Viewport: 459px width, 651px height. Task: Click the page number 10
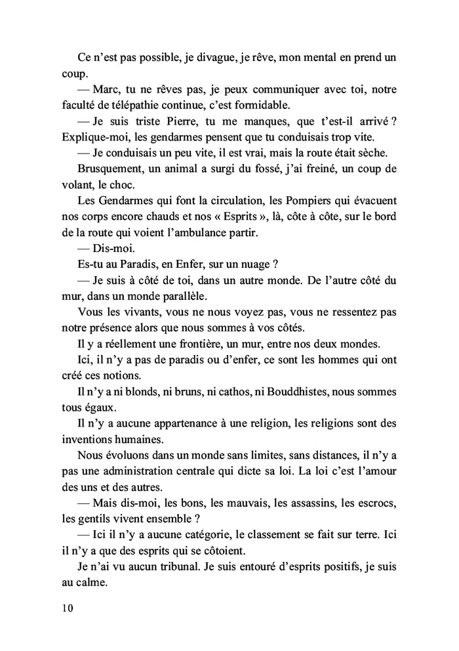[x=66, y=607]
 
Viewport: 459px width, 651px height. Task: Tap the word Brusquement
[x=111, y=168]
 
